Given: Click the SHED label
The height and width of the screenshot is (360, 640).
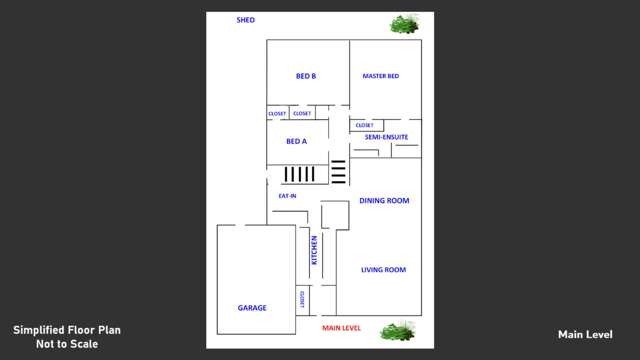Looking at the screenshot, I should [x=245, y=20].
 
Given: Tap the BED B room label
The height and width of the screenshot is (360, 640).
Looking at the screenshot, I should [x=306, y=76].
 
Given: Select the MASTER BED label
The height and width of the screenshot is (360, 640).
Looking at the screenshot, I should [x=381, y=76].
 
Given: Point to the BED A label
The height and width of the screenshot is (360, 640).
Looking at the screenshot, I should [x=296, y=142].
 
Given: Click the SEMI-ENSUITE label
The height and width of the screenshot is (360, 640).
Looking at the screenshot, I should [x=386, y=137].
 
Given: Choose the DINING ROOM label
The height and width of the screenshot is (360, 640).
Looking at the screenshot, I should [x=384, y=201].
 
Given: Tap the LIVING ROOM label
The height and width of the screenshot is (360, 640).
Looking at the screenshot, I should [x=384, y=270].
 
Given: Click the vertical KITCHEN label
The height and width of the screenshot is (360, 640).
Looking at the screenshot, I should [x=314, y=250].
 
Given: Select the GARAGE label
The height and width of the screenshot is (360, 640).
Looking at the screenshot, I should [x=252, y=308].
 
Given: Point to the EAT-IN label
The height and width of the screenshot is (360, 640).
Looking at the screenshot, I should [x=287, y=196].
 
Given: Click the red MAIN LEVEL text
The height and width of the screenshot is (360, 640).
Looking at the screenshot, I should [x=341, y=328].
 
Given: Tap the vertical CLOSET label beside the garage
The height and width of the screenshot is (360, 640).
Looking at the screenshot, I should [x=302, y=299].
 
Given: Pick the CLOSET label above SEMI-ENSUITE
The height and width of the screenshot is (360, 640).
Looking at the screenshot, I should [x=364, y=125].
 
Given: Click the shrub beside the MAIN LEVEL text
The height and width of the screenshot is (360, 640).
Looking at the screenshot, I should [x=398, y=330].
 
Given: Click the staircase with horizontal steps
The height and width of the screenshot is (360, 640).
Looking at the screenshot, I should [x=338, y=172].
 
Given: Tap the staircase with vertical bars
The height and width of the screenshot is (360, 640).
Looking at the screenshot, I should [x=299, y=174].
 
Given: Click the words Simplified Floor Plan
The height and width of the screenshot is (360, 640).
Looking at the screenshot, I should [x=67, y=330].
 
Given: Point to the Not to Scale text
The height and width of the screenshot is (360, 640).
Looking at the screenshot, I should [x=67, y=344].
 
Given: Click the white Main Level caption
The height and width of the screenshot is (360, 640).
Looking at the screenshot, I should [x=585, y=335].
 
